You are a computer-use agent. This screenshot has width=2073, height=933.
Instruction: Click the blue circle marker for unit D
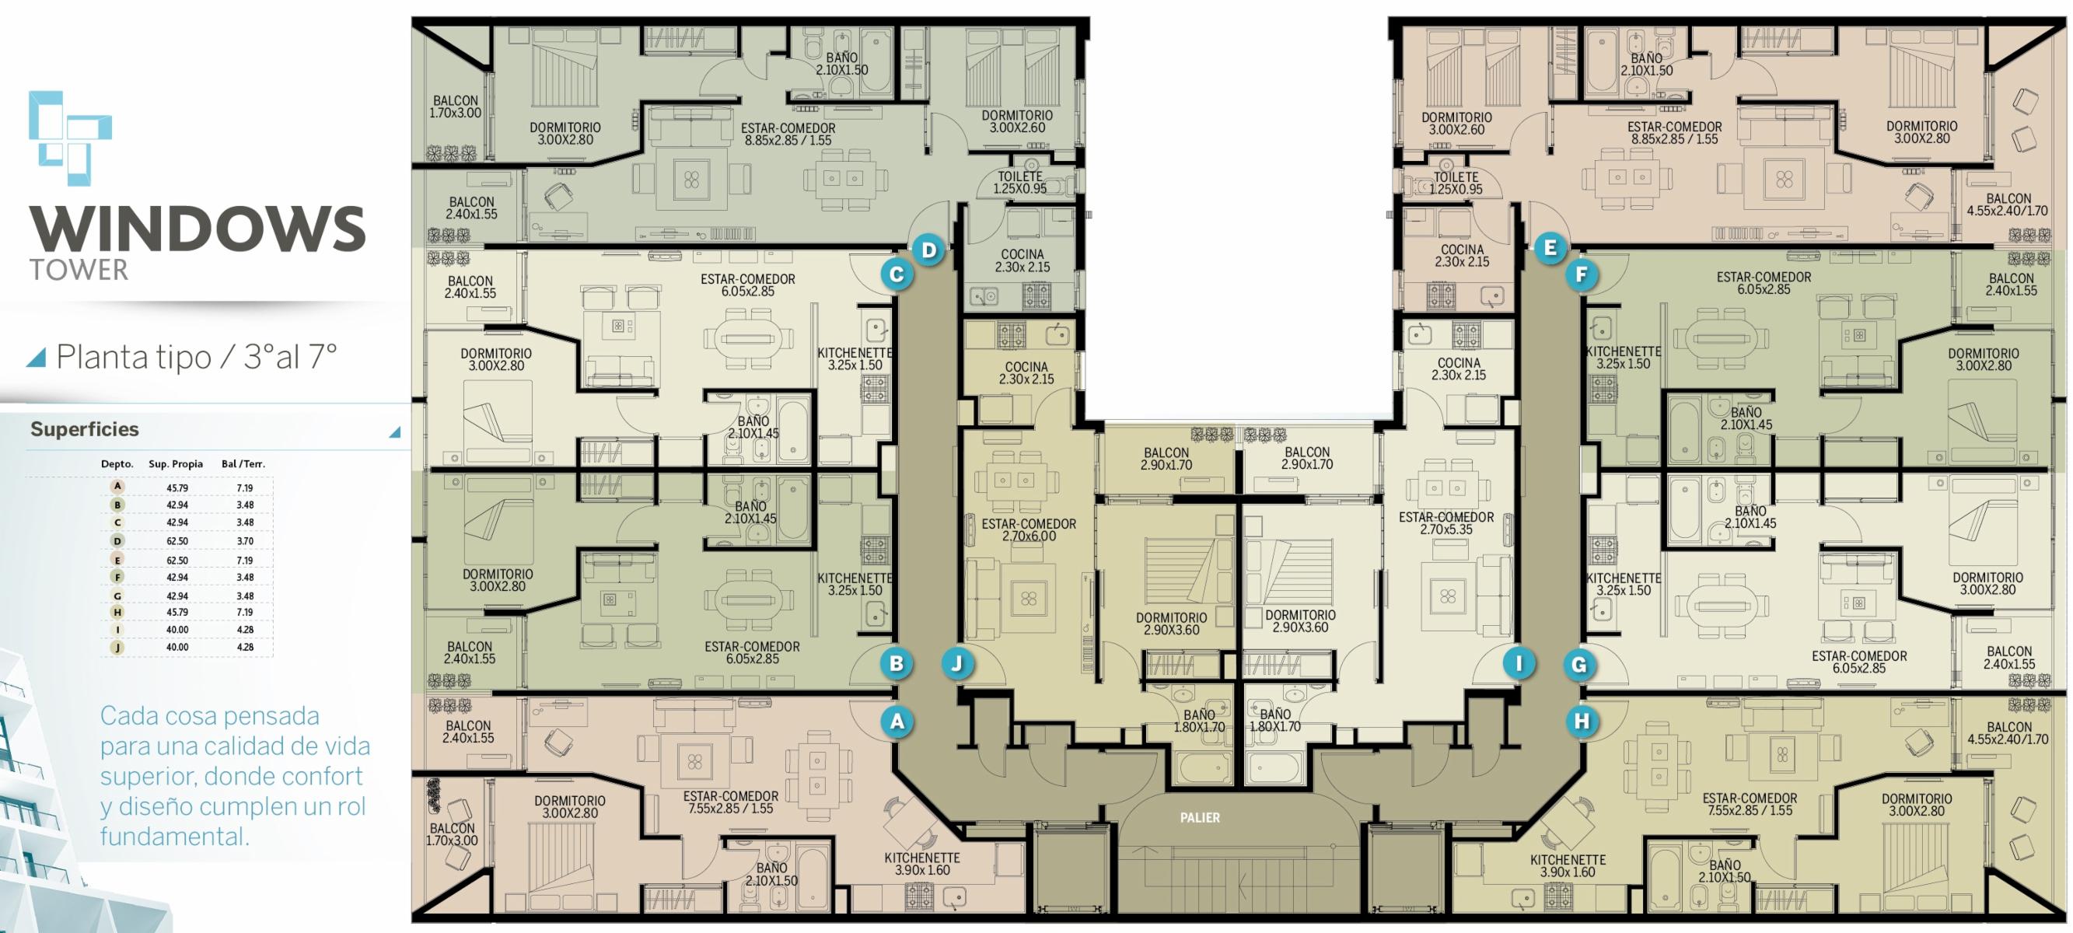tap(928, 250)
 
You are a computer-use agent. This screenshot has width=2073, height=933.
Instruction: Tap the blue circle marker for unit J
tap(957, 663)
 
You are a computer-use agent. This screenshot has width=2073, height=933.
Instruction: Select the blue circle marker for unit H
tap(1582, 722)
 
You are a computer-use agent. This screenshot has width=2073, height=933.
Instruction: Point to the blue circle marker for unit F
tap(1582, 275)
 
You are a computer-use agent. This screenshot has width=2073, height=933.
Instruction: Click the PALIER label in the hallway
tap(1200, 818)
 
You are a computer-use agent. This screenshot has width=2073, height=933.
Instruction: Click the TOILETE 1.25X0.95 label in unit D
tap(1019, 183)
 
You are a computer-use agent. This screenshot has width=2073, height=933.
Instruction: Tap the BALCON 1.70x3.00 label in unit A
tap(452, 834)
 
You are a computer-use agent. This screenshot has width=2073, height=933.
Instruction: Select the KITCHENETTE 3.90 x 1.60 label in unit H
tap(1568, 866)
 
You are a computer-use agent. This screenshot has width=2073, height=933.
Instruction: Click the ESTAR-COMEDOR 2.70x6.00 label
tap(1029, 529)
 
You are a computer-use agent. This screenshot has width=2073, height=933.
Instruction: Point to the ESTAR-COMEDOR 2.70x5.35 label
tap(1446, 523)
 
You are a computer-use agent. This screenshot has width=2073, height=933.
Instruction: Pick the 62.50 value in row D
tap(177, 541)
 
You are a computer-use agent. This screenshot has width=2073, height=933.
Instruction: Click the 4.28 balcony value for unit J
tap(245, 647)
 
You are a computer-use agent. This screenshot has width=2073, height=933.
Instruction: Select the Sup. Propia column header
tap(176, 463)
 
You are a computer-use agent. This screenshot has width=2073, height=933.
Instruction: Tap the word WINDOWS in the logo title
tap(198, 229)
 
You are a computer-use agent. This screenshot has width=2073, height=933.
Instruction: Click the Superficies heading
tap(85, 429)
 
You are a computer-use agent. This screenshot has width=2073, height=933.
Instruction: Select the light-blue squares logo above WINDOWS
tap(70, 138)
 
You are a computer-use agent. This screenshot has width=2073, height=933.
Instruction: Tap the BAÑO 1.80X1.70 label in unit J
tap(1199, 721)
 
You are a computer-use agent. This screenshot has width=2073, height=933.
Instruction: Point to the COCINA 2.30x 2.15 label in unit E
tap(1462, 256)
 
